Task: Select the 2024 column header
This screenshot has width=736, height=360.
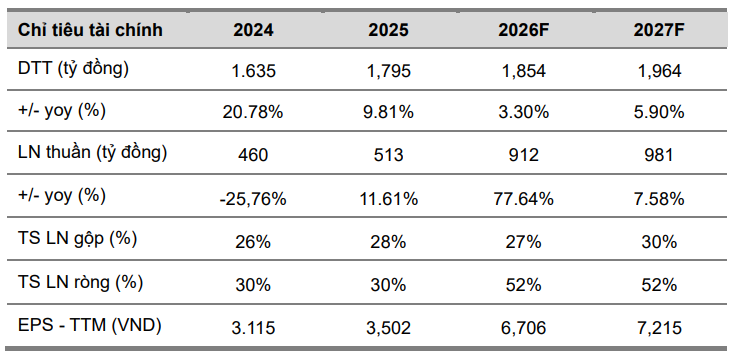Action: [x=254, y=29]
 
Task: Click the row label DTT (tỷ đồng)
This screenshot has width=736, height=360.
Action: [x=74, y=69]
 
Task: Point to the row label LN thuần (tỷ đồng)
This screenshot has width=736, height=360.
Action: [x=92, y=153]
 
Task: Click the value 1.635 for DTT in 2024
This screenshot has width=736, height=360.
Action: [x=254, y=71]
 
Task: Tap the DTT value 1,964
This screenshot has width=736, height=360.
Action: [x=658, y=71]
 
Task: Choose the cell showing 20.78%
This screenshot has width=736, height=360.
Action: [x=254, y=113]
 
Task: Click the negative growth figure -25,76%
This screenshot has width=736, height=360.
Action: [x=254, y=198]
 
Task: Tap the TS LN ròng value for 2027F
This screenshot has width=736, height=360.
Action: [x=658, y=283]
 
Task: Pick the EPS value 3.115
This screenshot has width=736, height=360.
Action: [x=254, y=326]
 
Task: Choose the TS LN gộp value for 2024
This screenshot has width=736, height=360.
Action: [x=254, y=241]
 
